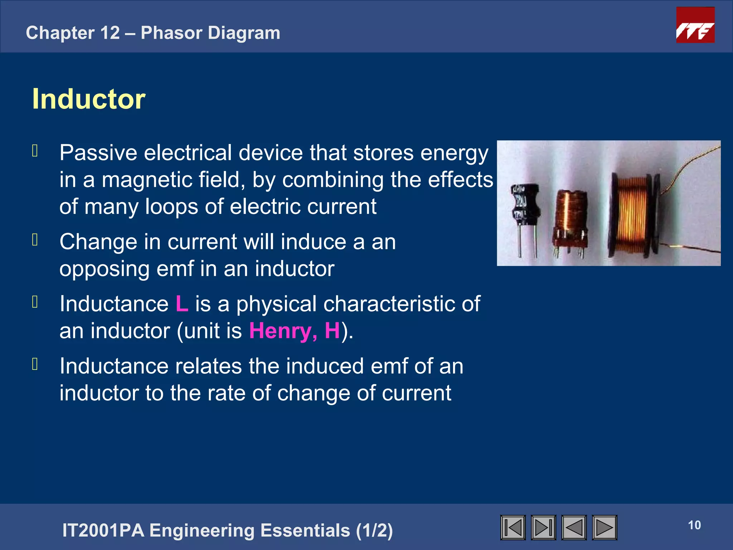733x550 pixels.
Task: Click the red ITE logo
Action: coord(695,25)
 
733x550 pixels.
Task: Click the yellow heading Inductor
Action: coord(89,99)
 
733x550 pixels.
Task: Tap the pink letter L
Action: coord(182,304)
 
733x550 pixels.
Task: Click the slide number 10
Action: coord(694,525)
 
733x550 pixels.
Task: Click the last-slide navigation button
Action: coord(543,527)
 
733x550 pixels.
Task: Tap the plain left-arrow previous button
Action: coord(574,527)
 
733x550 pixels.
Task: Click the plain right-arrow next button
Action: coord(605,527)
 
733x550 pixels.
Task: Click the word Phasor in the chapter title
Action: coord(171,33)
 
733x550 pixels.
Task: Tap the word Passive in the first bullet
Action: coord(98,153)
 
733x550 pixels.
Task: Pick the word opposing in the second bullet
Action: coord(104,269)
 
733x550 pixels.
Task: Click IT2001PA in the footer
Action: coord(103,530)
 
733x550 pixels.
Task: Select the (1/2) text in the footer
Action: coord(374,530)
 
